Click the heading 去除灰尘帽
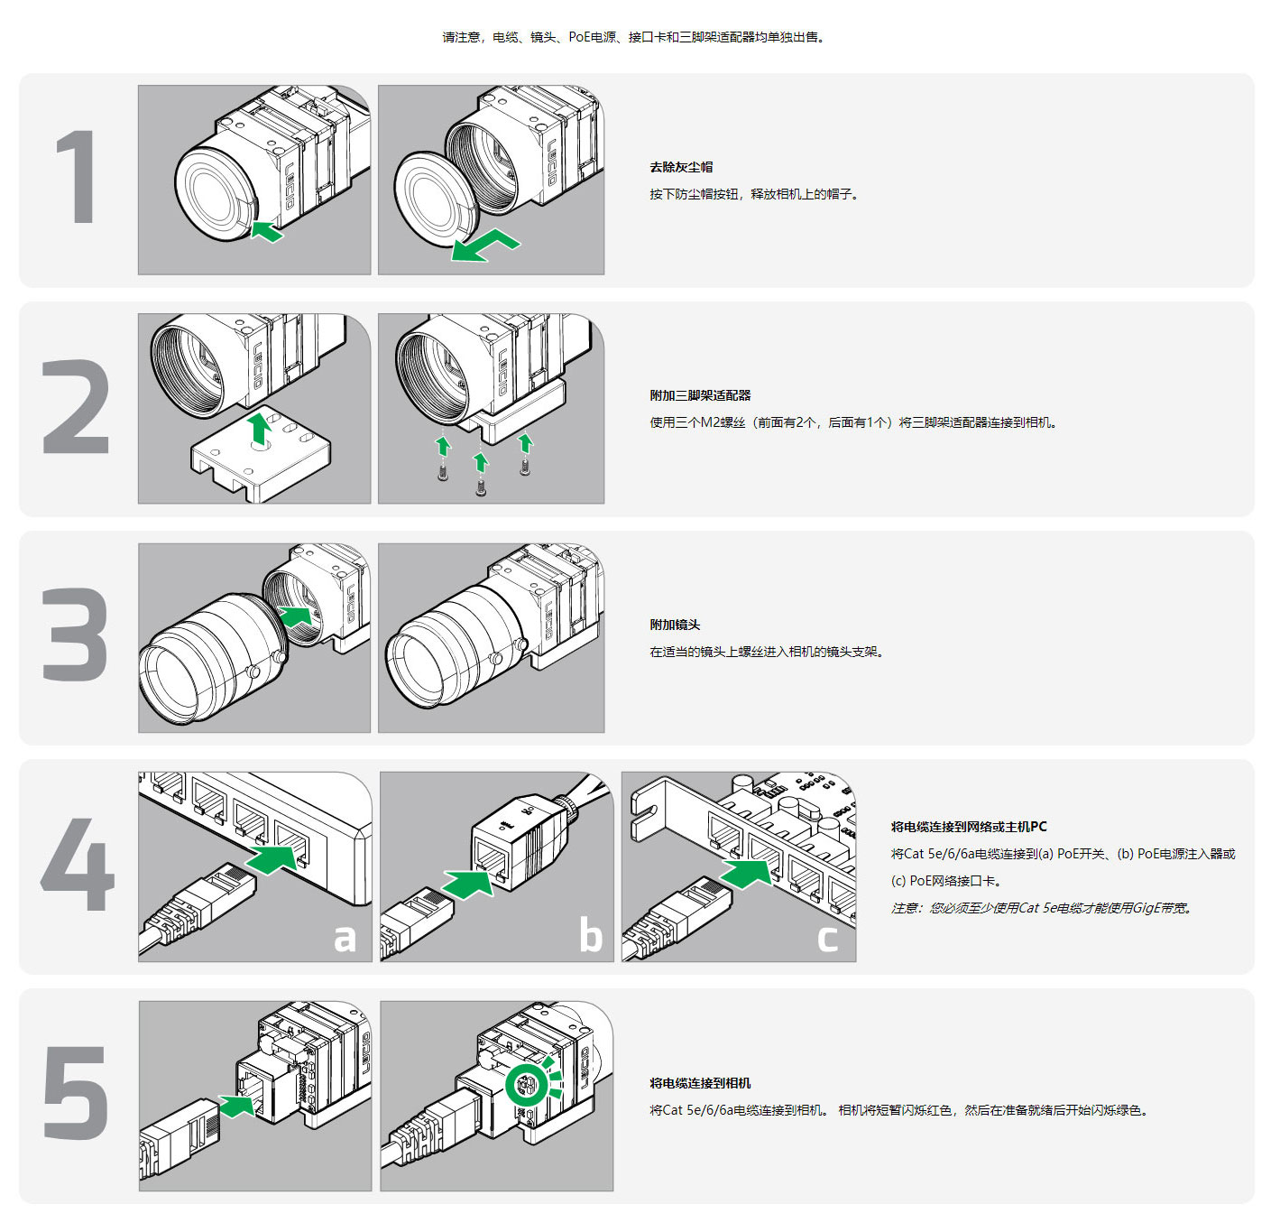click(x=681, y=167)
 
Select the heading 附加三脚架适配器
click(x=700, y=395)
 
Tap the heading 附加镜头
click(x=675, y=625)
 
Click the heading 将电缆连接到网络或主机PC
click(x=969, y=827)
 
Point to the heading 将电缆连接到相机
click(x=700, y=1083)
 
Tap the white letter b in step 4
click(x=590, y=935)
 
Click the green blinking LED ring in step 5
click(x=526, y=1084)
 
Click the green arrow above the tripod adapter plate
click(x=260, y=428)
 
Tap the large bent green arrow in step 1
click(x=484, y=245)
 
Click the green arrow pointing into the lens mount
click(x=298, y=616)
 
